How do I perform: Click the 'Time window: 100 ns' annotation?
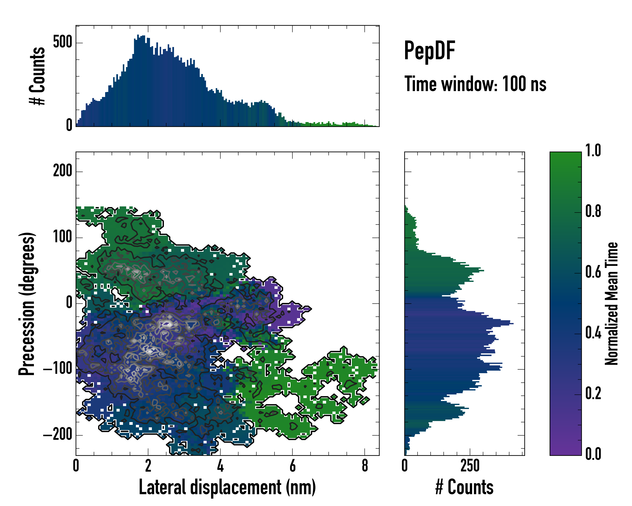tap(475, 84)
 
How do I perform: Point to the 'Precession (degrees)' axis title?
tap(27, 304)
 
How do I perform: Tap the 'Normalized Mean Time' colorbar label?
tap(612, 304)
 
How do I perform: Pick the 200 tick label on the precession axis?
tap(62, 171)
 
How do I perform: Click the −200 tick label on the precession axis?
tap(58, 435)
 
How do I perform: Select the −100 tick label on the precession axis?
tap(58, 369)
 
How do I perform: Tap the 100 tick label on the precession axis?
tap(62, 237)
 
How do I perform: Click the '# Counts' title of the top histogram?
tap(37, 76)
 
